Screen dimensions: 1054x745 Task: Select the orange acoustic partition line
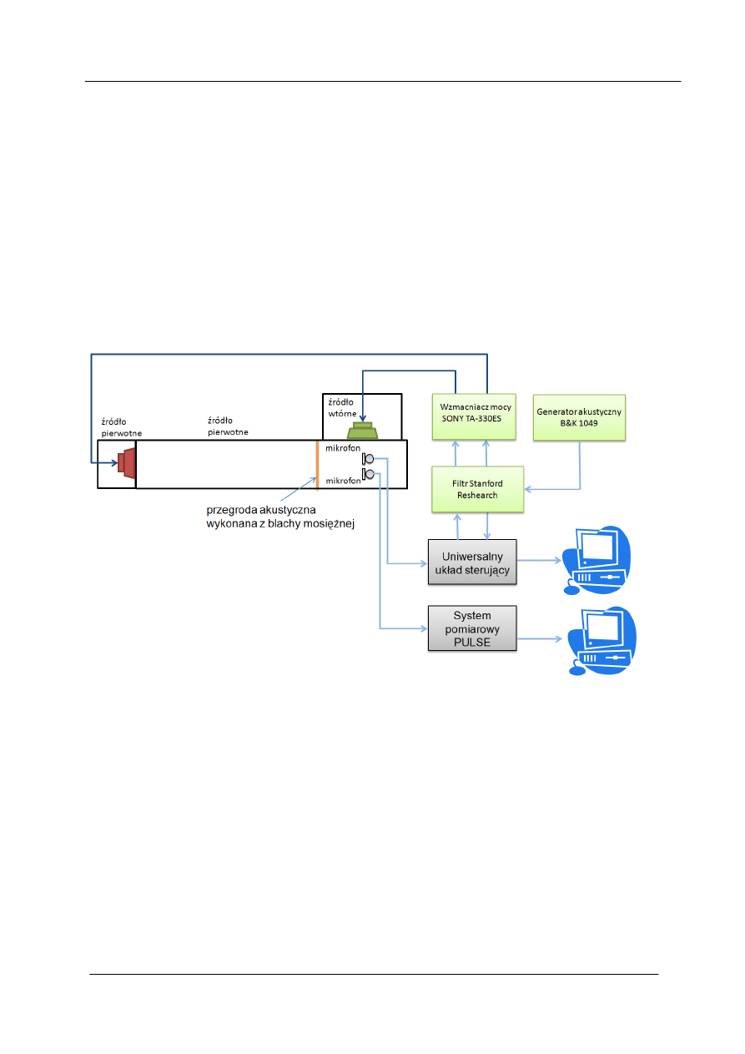(x=317, y=464)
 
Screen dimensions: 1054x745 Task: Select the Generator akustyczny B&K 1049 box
(x=578, y=417)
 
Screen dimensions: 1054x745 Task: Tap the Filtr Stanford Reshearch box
(x=476, y=489)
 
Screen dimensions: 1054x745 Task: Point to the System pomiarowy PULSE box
(x=472, y=628)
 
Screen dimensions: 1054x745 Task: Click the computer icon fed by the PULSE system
(x=598, y=640)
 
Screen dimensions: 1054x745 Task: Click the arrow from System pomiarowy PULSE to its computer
(x=539, y=640)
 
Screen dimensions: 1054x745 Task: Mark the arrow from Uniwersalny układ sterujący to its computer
(x=539, y=562)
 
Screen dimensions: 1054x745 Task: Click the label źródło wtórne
(x=341, y=406)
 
